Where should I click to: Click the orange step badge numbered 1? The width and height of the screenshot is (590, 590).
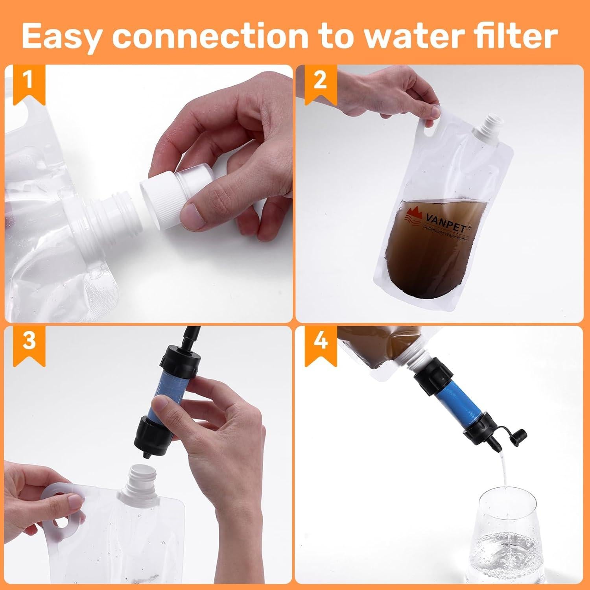point(28,82)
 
